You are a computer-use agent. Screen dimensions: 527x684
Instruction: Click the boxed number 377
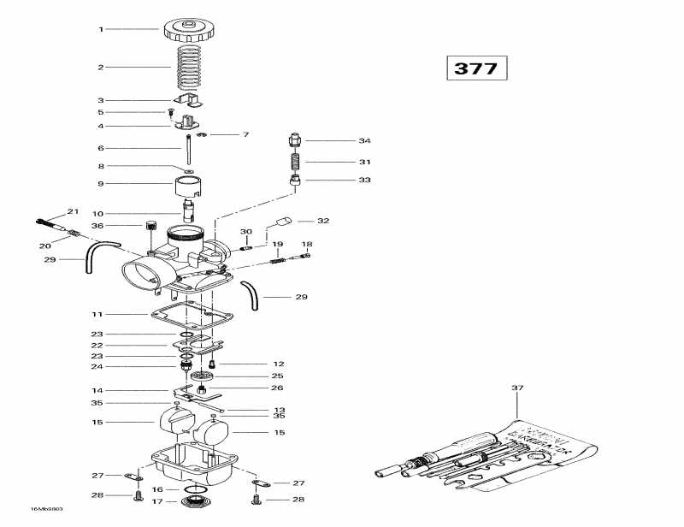pyautogui.click(x=475, y=68)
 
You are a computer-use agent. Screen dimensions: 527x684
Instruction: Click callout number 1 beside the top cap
pyautogui.click(x=100, y=30)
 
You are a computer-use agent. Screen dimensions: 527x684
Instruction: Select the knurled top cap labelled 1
pyautogui.click(x=186, y=29)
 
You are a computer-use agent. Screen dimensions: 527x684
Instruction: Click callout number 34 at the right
pyautogui.click(x=365, y=140)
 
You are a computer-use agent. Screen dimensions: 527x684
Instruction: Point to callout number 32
pyautogui.click(x=323, y=221)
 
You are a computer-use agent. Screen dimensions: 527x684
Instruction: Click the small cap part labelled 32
pyautogui.click(x=281, y=222)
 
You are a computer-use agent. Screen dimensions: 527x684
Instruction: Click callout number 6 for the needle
pyautogui.click(x=100, y=148)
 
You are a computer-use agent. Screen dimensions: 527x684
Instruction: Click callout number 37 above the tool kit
pyautogui.click(x=516, y=388)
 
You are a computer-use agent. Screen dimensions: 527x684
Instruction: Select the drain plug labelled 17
pyautogui.click(x=192, y=500)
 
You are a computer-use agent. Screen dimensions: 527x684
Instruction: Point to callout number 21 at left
pyautogui.click(x=73, y=211)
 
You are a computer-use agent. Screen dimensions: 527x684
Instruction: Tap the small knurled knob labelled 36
pyautogui.click(x=151, y=226)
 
